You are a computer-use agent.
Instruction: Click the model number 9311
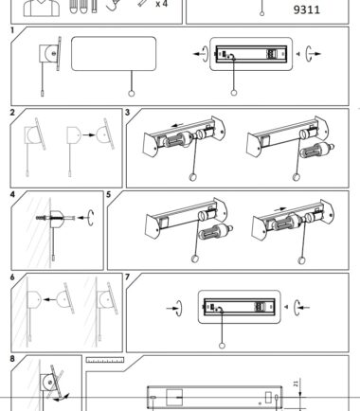307,9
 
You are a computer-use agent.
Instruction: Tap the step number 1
12,30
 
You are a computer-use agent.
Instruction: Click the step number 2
12,113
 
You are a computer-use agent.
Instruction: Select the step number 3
128,113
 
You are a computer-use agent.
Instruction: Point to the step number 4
12,194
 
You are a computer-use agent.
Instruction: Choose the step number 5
109,194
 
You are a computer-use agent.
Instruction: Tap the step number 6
12,277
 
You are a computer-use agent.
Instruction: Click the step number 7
128,277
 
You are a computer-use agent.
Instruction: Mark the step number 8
12,359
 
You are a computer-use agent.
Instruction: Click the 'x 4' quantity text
161,4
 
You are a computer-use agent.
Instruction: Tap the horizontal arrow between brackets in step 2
89,135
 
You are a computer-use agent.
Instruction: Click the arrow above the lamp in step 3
178,126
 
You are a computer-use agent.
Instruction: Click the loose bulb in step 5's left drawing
216,233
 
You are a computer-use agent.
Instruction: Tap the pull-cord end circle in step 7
222,346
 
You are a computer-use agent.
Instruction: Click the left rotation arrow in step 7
176,308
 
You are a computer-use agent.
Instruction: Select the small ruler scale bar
105,360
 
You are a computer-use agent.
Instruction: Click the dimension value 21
296,384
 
